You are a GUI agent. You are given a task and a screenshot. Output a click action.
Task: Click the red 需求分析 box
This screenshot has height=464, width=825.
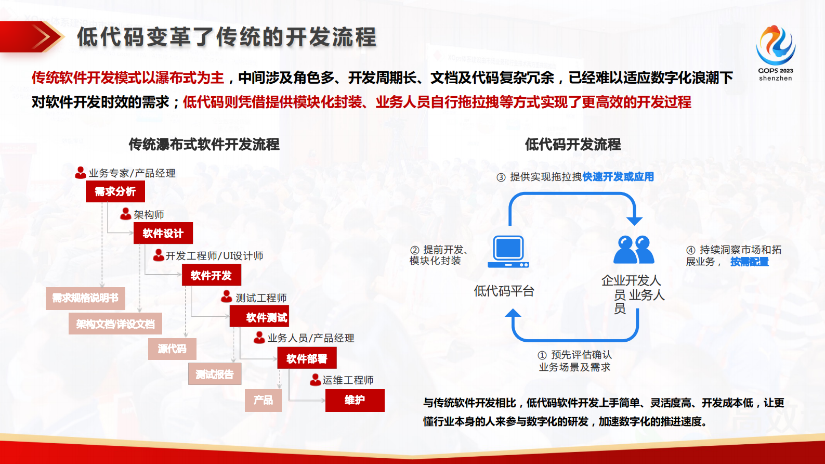tap(115, 191)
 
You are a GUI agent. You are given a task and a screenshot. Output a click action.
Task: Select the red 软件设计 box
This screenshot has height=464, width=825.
tap(163, 233)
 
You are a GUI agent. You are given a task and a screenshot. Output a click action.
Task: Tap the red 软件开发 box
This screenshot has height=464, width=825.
tap(211, 275)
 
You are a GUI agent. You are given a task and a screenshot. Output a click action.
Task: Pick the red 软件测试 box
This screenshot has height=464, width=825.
tap(259, 317)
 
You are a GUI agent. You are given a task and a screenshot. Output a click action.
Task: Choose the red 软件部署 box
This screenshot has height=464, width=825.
tap(307, 358)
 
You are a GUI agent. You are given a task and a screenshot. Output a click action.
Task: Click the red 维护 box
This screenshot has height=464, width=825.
tap(355, 400)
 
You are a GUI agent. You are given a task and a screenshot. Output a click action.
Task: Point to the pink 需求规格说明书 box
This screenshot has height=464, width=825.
tap(85, 298)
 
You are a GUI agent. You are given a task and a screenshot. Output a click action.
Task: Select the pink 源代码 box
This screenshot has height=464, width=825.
tap(172, 349)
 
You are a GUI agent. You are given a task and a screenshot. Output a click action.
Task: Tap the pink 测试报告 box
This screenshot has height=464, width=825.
tap(215, 374)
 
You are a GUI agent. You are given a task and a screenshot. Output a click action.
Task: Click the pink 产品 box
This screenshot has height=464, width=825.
tap(263, 400)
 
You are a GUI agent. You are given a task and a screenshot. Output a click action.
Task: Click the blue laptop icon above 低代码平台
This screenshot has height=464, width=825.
tap(508, 252)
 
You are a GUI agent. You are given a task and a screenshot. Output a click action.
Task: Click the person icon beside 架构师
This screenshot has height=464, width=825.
tap(126, 214)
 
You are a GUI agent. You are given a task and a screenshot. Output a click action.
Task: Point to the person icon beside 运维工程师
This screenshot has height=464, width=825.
tap(315, 380)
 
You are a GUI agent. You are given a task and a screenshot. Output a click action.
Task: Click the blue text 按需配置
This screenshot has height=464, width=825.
tap(749, 262)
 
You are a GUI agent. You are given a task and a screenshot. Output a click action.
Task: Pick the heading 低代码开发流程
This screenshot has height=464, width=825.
tap(572, 144)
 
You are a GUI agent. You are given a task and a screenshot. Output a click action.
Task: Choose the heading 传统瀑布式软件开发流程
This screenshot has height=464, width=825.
tap(204, 144)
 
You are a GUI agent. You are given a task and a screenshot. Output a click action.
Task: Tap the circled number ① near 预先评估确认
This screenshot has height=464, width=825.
tap(542, 355)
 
